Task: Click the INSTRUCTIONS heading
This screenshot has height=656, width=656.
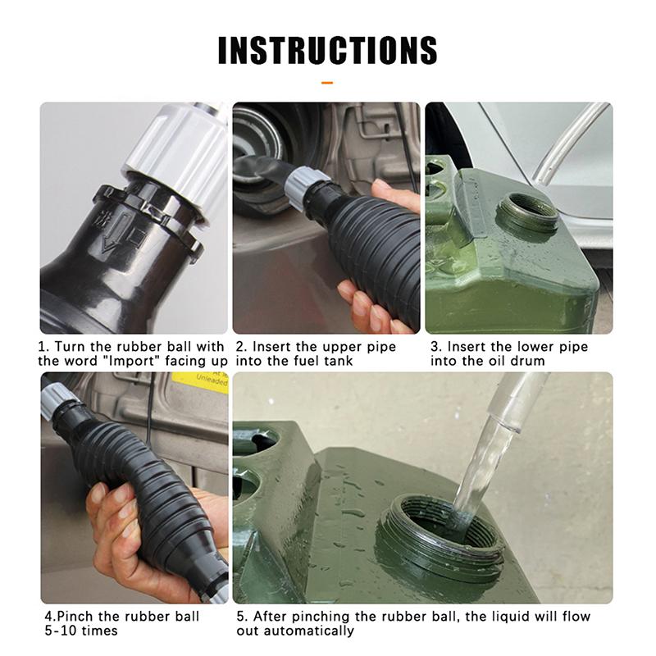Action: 327,51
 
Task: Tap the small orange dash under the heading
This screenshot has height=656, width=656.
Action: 327,83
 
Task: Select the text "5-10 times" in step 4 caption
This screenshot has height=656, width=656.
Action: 81,630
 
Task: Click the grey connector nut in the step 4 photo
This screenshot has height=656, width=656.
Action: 57,401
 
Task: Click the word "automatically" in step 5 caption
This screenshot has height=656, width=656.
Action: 308,631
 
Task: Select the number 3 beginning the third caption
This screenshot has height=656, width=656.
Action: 435,347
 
